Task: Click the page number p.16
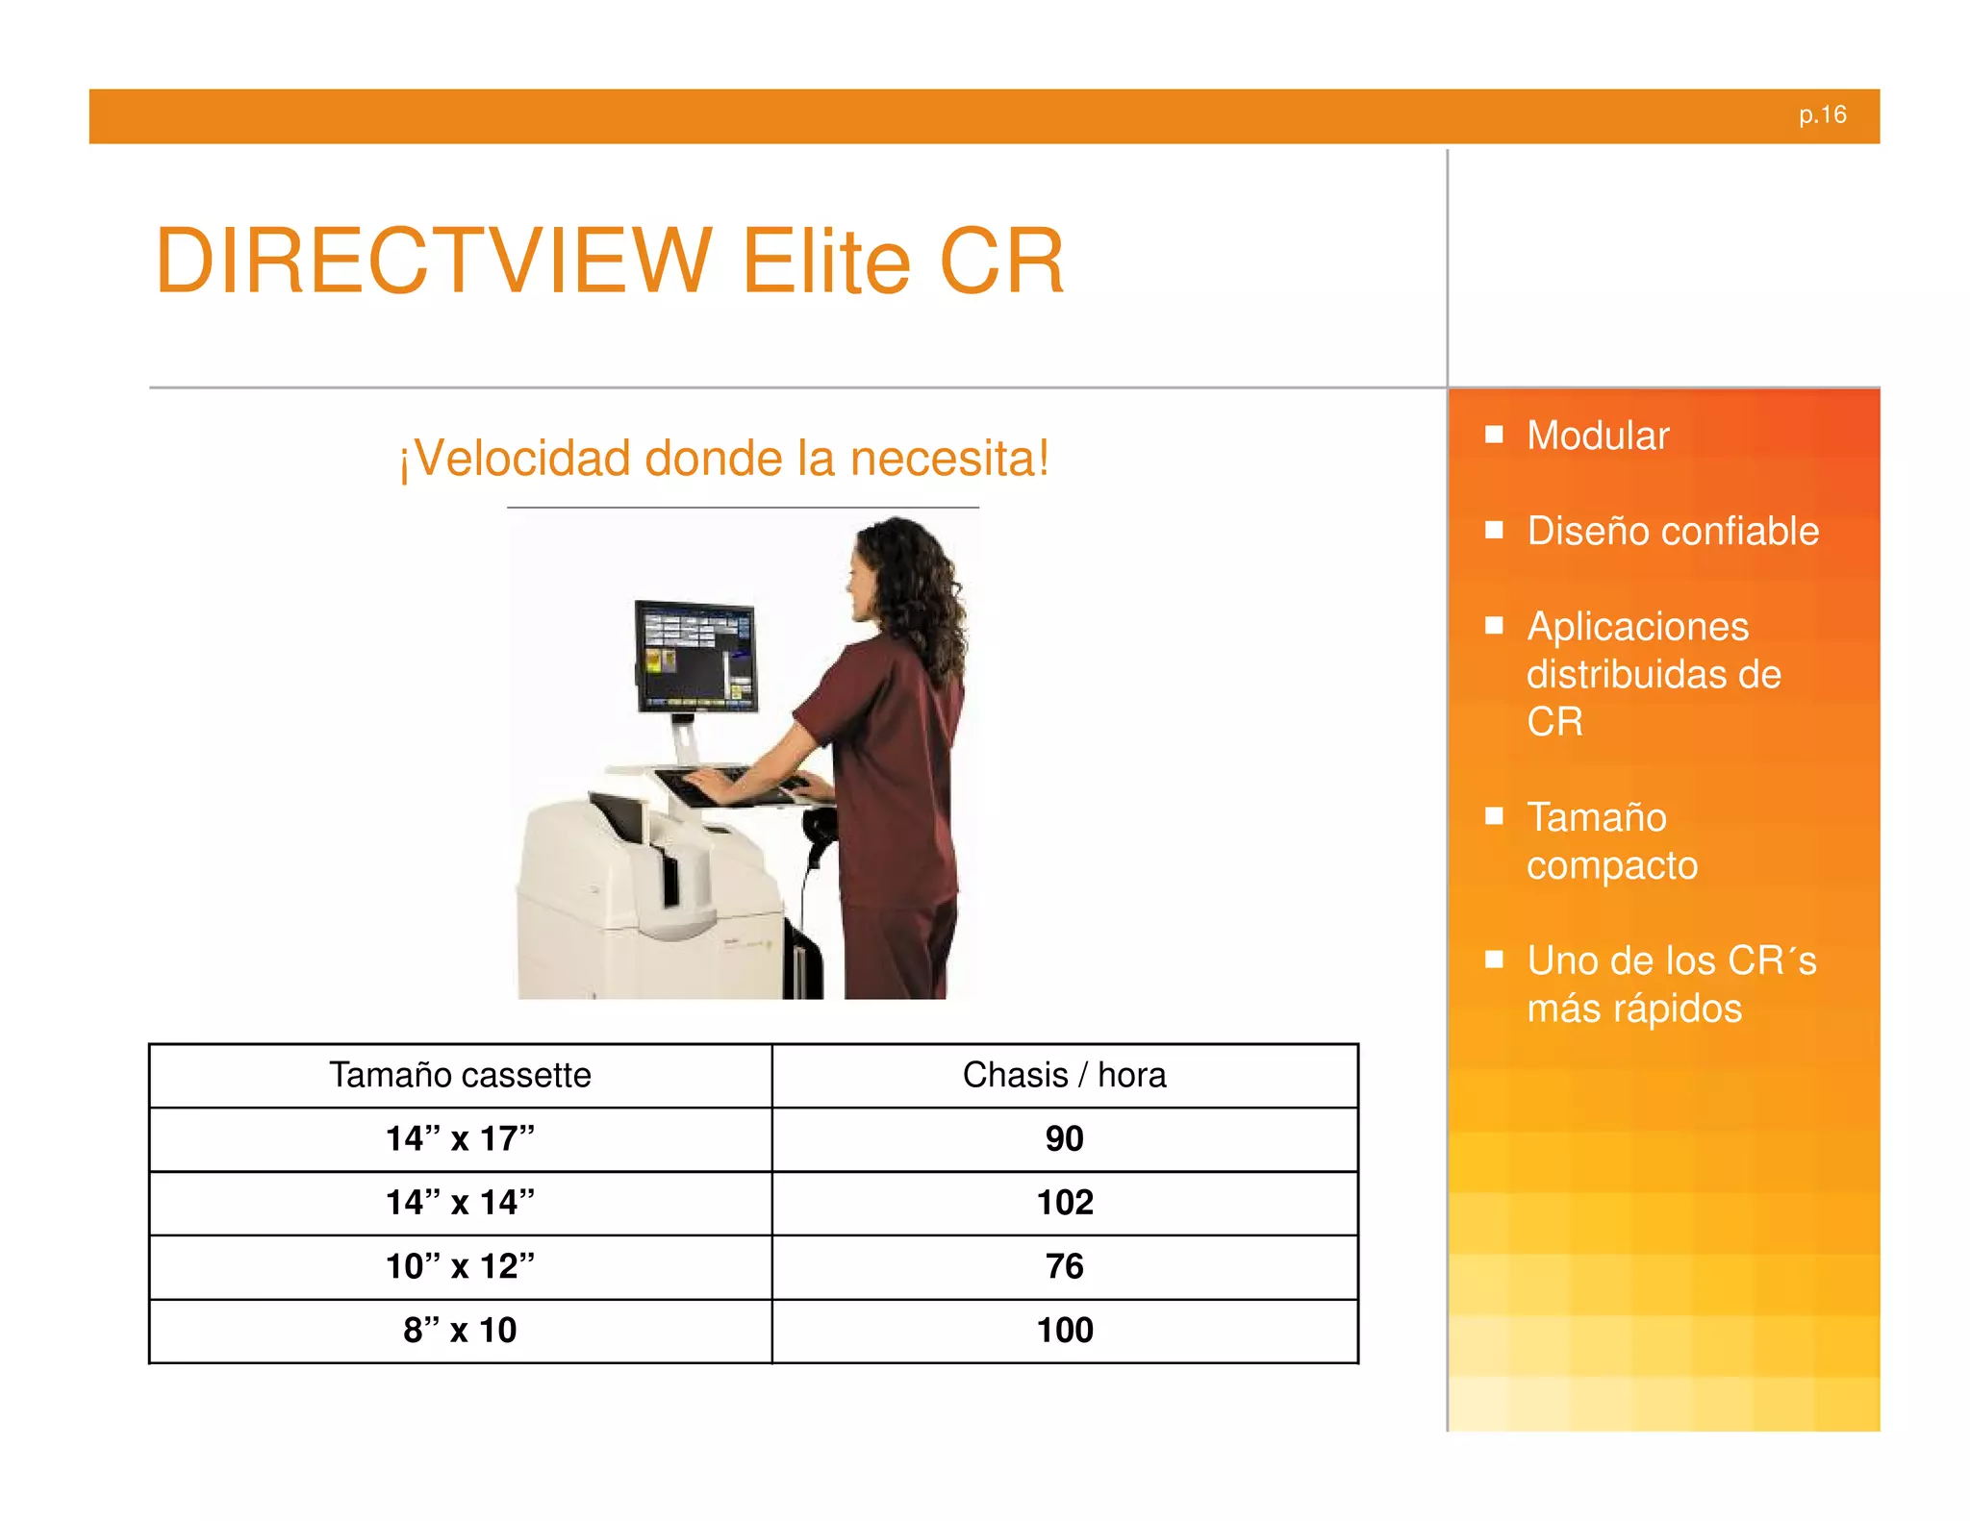click(1822, 115)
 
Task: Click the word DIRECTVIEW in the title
click(433, 262)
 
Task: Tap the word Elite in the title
click(825, 262)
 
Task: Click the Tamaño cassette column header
click(460, 1075)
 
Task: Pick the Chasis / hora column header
click(1064, 1075)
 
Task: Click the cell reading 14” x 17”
click(460, 1139)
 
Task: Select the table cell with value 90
click(1064, 1139)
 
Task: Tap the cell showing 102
click(1064, 1203)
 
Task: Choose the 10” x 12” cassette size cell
click(460, 1266)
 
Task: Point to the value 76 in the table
click(1064, 1266)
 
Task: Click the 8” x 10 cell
click(460, 1331)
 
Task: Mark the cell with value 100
click(1064, 1331)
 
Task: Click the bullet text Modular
click(1598, 436)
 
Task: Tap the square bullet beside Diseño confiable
click(1494, 530)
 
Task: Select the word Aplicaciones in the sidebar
click(1637, 627)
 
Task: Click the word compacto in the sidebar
click(1612, 865)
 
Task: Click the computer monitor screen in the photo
click(695, 656)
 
